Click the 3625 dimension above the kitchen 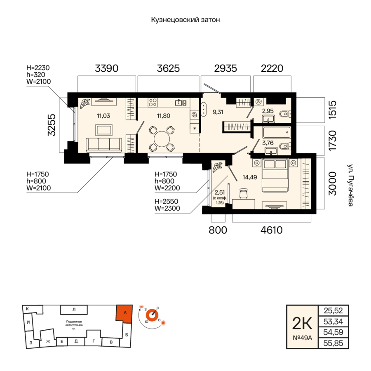pyautogui.click(x=168, y=68)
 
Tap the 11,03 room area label pyautogui.click(x=103, y=116)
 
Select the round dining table pyautogui.click(x=162, y=139)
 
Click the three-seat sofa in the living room pyautogui.click(x=104, y=145)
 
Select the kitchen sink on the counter pyautogui.click(x=181, y=103)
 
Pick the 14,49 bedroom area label pyautogui.click(x=250, y=177)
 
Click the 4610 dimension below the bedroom pyautogui.click(x=272, y=230)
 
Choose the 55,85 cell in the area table pyautogui.click(x=333, y=343)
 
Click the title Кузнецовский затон pyautogui.click(x=185, y=20)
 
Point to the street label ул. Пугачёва pyautogui.click(x=350, y=185)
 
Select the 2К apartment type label pyautogui.click(x=302, y=323)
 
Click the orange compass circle pyautogui.click(x=152, y=316)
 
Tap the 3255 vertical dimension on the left pyautogui.click(x=52, y=125)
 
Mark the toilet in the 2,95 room pyautogui.click(x=285, y=114)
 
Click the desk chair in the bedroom pyautogui.click(x=244, y=193)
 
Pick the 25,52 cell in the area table pyautogui.click(x=333, y=310)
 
